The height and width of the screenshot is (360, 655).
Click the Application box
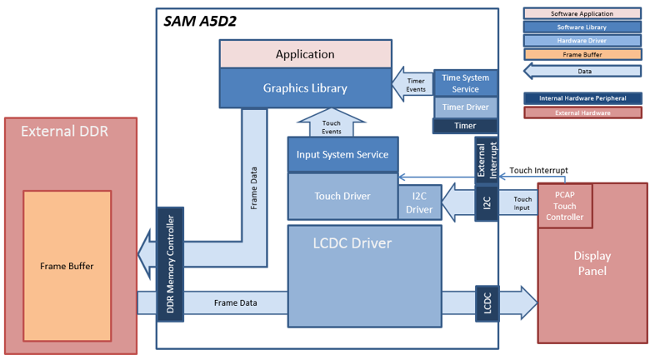[x=305, y=54]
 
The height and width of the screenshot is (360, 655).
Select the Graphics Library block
[x=305, y=88]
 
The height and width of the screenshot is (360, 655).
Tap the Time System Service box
[x=465, y=83]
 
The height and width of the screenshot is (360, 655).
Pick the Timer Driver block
[x=465, y=107]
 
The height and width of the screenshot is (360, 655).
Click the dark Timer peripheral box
[x=465, y=126]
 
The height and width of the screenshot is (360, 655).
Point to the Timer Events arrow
[x=412, y=84]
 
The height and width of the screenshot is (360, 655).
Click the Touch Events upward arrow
[x=332, y=122]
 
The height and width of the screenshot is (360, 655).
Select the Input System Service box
[x=342, y=154]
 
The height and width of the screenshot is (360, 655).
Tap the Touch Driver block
[x=342, y=196]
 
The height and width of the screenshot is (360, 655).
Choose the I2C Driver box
[x=419, y=202]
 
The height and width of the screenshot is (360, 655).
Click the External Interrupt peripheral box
[x=487, y=160]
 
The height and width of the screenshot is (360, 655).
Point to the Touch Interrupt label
[x=538, y=170]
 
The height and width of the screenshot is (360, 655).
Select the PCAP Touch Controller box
[x=565, y=206]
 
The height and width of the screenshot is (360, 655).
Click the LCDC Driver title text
[x=352, y=243]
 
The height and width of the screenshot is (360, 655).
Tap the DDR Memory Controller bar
[x=171, y=264]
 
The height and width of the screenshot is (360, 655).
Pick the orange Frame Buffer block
[x=67, y=266]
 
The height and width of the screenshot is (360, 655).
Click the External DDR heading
[x=64, y=131]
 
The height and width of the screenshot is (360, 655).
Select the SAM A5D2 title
[x=200, y=22]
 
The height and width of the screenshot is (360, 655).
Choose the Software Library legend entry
[x=582, y=27]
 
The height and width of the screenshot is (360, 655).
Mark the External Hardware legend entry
[x=582, y=112]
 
